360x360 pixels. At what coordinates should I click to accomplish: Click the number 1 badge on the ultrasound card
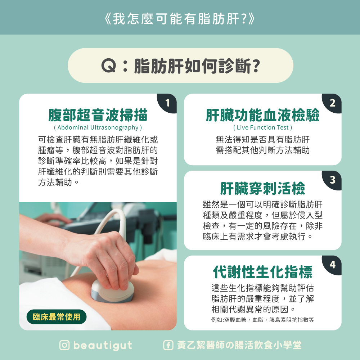167,103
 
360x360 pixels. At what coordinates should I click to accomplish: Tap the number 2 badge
332,103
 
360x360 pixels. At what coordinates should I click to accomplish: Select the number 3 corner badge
332,180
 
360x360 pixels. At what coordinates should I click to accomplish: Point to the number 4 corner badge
332,265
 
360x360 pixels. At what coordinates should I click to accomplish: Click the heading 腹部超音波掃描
98,115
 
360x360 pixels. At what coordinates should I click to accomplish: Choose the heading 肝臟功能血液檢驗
263,115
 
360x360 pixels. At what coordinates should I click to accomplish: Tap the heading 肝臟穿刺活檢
263,188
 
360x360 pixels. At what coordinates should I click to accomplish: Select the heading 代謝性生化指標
263,272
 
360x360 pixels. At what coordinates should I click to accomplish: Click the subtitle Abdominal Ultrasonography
98,127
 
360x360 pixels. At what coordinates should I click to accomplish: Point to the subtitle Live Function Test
263,127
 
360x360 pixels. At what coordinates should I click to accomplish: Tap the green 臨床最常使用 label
57,317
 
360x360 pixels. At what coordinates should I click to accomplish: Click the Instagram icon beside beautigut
64,345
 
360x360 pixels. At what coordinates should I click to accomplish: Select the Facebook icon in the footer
168,345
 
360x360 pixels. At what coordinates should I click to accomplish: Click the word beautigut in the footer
103,346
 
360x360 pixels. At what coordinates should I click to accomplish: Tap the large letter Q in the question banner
109,66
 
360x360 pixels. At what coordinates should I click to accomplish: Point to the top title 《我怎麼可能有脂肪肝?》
180,19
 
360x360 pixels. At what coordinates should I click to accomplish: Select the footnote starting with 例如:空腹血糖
263,320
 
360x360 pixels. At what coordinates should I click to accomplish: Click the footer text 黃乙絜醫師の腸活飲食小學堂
239,345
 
